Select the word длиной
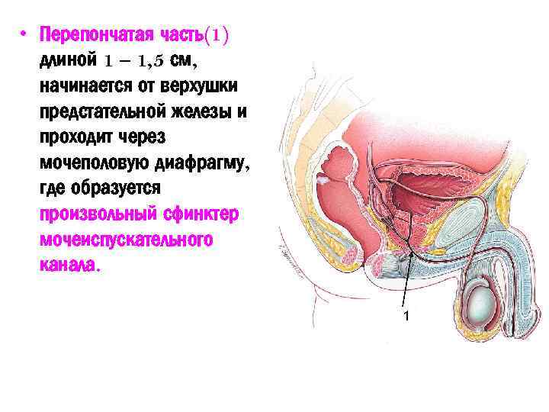68,59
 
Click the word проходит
77,138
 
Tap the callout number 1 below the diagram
406,315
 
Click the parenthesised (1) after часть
219,35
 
